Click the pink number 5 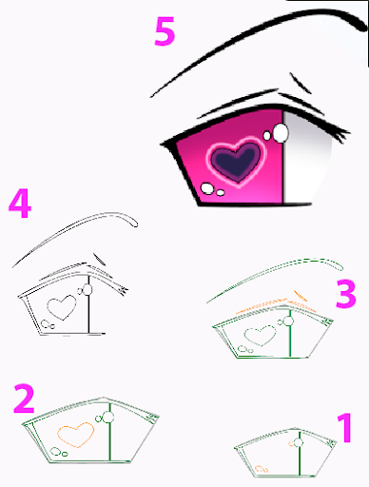click(x=165, y=31)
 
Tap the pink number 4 click(x=20, y=204)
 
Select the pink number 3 click(x=346, y=294)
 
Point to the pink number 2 click(x=24, y=399)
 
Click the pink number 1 click(x=344, y=428)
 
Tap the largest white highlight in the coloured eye click(x=281, y=132)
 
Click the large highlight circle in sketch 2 click(x=108, y=418)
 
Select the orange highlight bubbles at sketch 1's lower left click(x=262, y=469)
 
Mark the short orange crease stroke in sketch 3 click(x=301, y=296)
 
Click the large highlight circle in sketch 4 click(x=87, y=289)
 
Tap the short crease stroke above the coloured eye click(x=301, y=83)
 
